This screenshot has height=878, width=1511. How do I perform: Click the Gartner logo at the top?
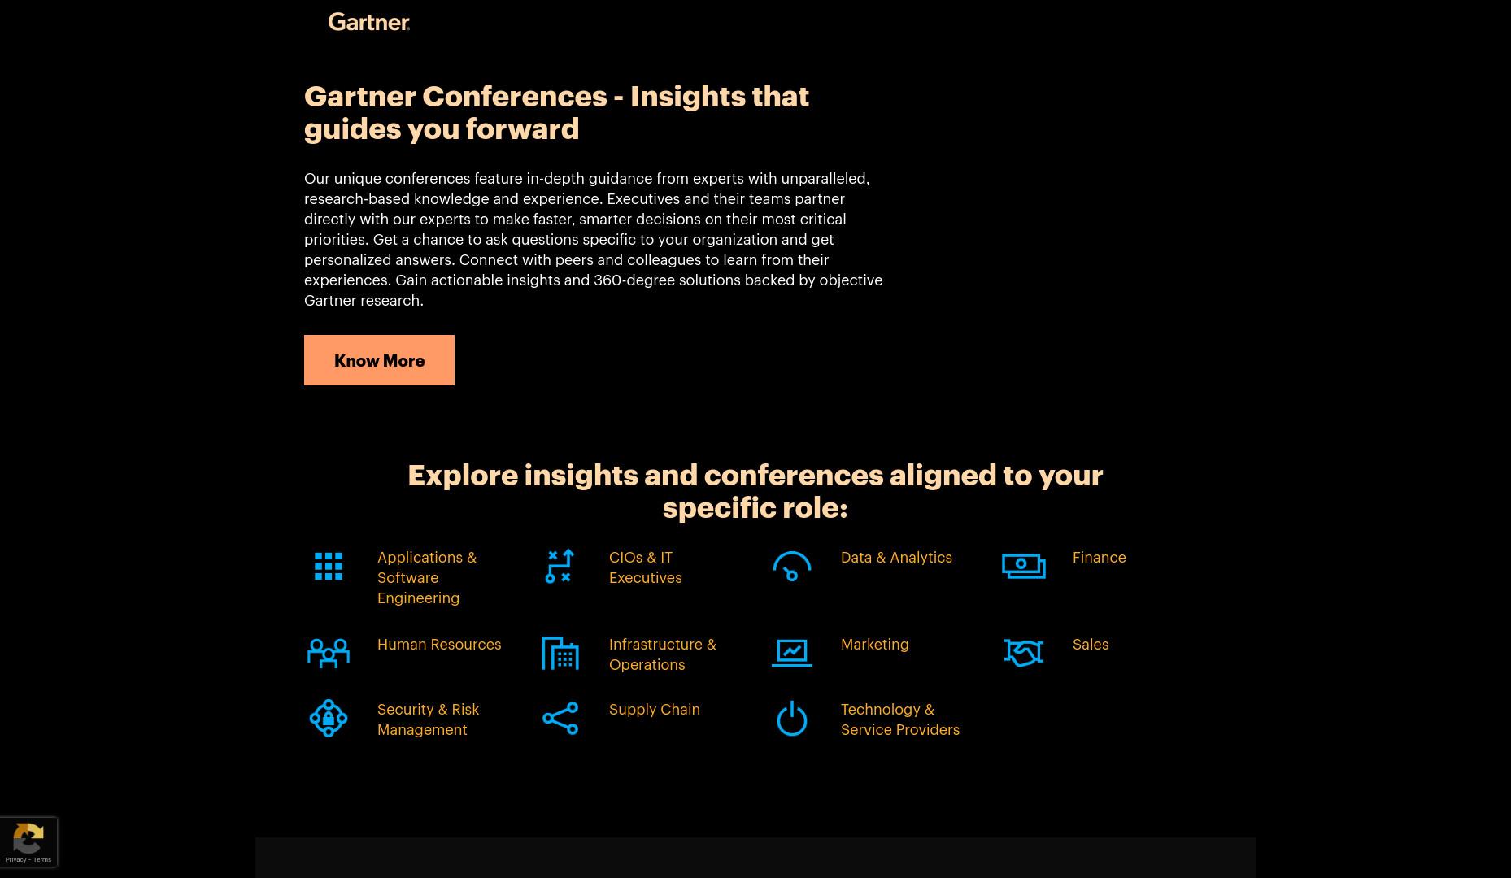click(x=368, y=22)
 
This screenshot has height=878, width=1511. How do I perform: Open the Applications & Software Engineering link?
click(x=427, y=577)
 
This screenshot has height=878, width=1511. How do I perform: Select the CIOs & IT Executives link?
click(x=645, y=567)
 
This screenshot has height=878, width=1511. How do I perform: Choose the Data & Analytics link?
click(x=896, y=558)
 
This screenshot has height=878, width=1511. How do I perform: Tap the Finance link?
click(x=1099, y=558)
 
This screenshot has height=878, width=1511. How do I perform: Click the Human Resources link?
click(x=439, y=645)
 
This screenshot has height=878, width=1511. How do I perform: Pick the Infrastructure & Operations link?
click(x=662, y=654)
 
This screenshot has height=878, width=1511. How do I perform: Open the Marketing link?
click(x=874, y=645)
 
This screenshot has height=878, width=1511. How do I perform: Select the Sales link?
click(x=1090, y=645)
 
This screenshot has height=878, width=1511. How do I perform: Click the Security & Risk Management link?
click(x=428, y=719)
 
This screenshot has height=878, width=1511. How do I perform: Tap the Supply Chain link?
click(x=654, y=710)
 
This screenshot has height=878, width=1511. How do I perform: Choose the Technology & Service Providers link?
click(x=899, y=719)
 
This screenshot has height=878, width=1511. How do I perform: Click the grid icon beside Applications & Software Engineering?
click(x=329, y=567)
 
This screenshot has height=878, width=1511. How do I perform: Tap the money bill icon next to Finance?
click(x=1024, y=567)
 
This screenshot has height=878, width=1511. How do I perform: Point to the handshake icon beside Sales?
click(x=1024, y=653)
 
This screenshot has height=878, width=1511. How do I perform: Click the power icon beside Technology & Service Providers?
click(x=791, y=719)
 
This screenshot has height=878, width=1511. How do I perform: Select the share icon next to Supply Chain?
click(x=560, y=719)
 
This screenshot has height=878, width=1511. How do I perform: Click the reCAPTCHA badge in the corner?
click(x=28, y=842)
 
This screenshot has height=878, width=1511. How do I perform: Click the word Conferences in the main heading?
click(x=514, y=97)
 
